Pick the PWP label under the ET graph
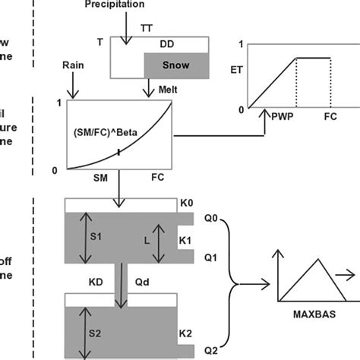click(x=280, y=119)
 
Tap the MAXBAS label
click(x=310, y=312)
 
